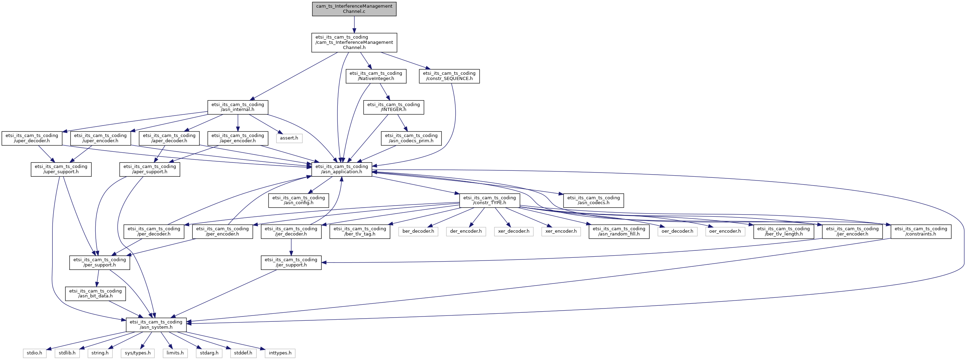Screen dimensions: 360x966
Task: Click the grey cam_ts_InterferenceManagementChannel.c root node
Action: [354, 9]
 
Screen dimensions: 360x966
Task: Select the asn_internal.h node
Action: [238, 107]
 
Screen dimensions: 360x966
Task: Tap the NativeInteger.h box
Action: [375, 76]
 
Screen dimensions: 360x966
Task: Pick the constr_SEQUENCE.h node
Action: [449, 76]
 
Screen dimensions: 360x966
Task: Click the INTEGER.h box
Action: [393, 107]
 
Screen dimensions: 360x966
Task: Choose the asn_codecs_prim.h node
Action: [411, 138]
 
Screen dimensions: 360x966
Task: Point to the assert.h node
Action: [289, 138]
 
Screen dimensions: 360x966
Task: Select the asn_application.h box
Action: [342, 169]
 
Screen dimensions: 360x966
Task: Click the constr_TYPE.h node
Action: [489, 200]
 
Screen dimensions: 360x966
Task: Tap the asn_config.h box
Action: [298, 200]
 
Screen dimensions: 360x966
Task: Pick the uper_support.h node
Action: [61, 169]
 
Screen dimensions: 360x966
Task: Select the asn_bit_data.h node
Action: [95, 294]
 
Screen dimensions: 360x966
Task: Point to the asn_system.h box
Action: [155, 325]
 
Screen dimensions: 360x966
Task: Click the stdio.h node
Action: [34, 353]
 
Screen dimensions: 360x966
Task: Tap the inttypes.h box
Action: [280, 353]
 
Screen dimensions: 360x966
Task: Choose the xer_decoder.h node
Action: [513, 231]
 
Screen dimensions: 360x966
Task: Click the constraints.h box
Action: [921, 231]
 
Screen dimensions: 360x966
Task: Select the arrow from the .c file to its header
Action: [354, 24]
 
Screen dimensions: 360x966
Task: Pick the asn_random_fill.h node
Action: [619, 231]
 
